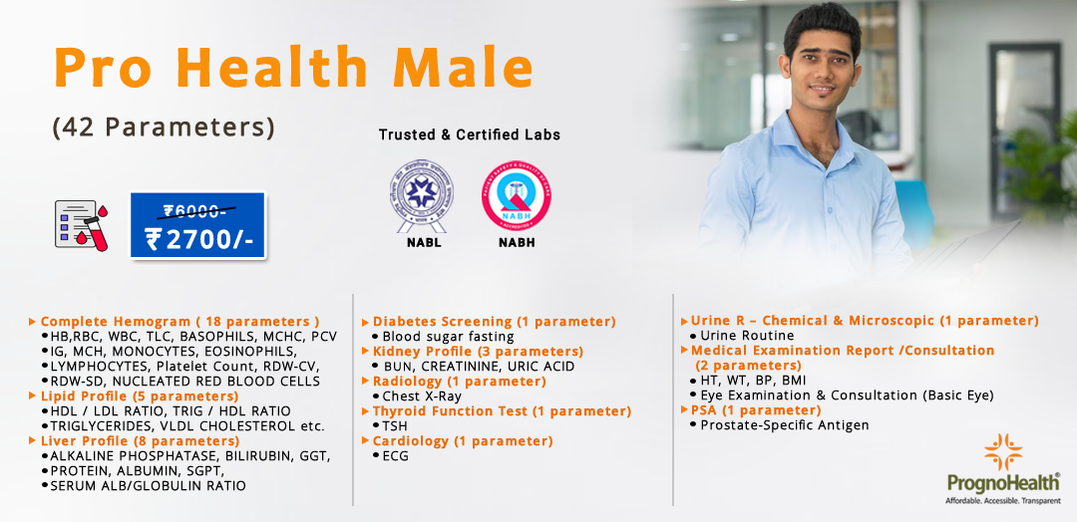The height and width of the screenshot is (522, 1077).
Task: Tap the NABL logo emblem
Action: [x=419, y=193]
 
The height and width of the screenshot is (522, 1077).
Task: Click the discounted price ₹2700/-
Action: [x=197, y=239]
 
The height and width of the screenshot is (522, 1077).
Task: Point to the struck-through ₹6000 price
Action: [x=197, y=210]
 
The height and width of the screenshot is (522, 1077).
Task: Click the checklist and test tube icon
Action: [x=81, y=224]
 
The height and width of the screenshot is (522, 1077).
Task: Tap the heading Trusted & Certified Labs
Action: [x=469, y=134]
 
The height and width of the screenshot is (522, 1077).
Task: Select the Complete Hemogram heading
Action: [x=179, y=322]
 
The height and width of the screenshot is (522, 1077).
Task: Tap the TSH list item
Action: [x=395, y=426]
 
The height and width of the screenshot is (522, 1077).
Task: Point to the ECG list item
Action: [x=397, y=456]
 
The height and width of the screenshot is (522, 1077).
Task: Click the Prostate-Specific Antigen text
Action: [x=784, y=425]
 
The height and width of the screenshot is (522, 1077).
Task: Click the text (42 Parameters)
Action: [x=164, y=128]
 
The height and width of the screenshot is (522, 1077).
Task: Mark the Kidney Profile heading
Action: [x=478, y=352]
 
